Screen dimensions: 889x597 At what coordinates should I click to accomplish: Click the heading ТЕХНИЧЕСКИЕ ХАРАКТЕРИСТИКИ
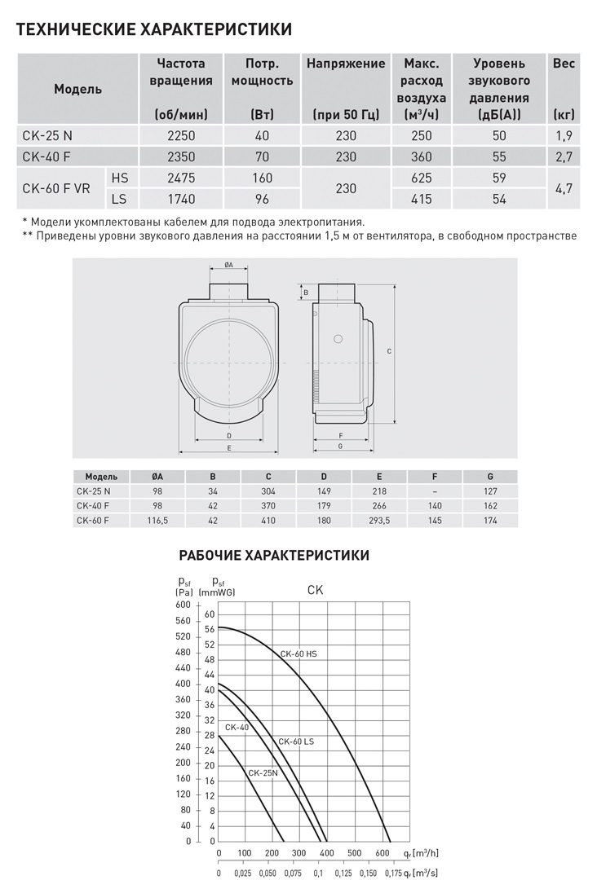point(154,31)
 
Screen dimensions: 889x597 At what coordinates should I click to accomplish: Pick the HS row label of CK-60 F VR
point(120,177)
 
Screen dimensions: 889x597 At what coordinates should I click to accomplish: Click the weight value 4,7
point(564,187)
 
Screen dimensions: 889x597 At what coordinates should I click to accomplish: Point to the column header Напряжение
point(346,64)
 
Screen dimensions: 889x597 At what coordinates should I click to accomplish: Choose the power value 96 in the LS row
point(262,198)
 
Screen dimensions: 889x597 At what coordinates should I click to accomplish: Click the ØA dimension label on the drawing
point(229,265)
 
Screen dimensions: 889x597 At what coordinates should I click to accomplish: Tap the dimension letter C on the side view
point(389,351)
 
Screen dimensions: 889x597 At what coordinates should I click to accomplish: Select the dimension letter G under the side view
point(338,447)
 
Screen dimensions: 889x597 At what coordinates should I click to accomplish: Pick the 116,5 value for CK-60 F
point(157,520)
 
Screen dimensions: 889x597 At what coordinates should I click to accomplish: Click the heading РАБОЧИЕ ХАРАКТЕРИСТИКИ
point(274,556)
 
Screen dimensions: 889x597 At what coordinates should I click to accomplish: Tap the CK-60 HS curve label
point(298,654)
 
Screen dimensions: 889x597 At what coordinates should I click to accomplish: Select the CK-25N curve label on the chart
point(263,772)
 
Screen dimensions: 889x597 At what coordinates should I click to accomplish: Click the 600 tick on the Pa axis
point(184,620)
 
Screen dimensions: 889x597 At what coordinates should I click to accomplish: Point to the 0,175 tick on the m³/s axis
point(393,873)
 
